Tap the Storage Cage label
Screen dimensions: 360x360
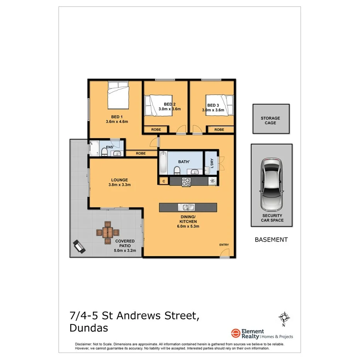pos(270,121)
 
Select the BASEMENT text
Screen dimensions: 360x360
pos(271,239)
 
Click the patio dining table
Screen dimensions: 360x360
pos(107,232)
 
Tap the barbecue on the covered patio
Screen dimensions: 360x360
pos(79,246)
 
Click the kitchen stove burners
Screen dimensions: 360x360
pos(186,182)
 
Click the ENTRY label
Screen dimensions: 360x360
pos(224,245)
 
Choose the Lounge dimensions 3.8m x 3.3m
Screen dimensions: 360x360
pos(119,185)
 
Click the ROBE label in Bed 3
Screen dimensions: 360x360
pos(219,130)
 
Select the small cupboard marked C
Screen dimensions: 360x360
pos(164,181)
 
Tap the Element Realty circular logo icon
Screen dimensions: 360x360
pos(235,333)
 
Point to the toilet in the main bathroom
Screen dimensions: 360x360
pos(177,170)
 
